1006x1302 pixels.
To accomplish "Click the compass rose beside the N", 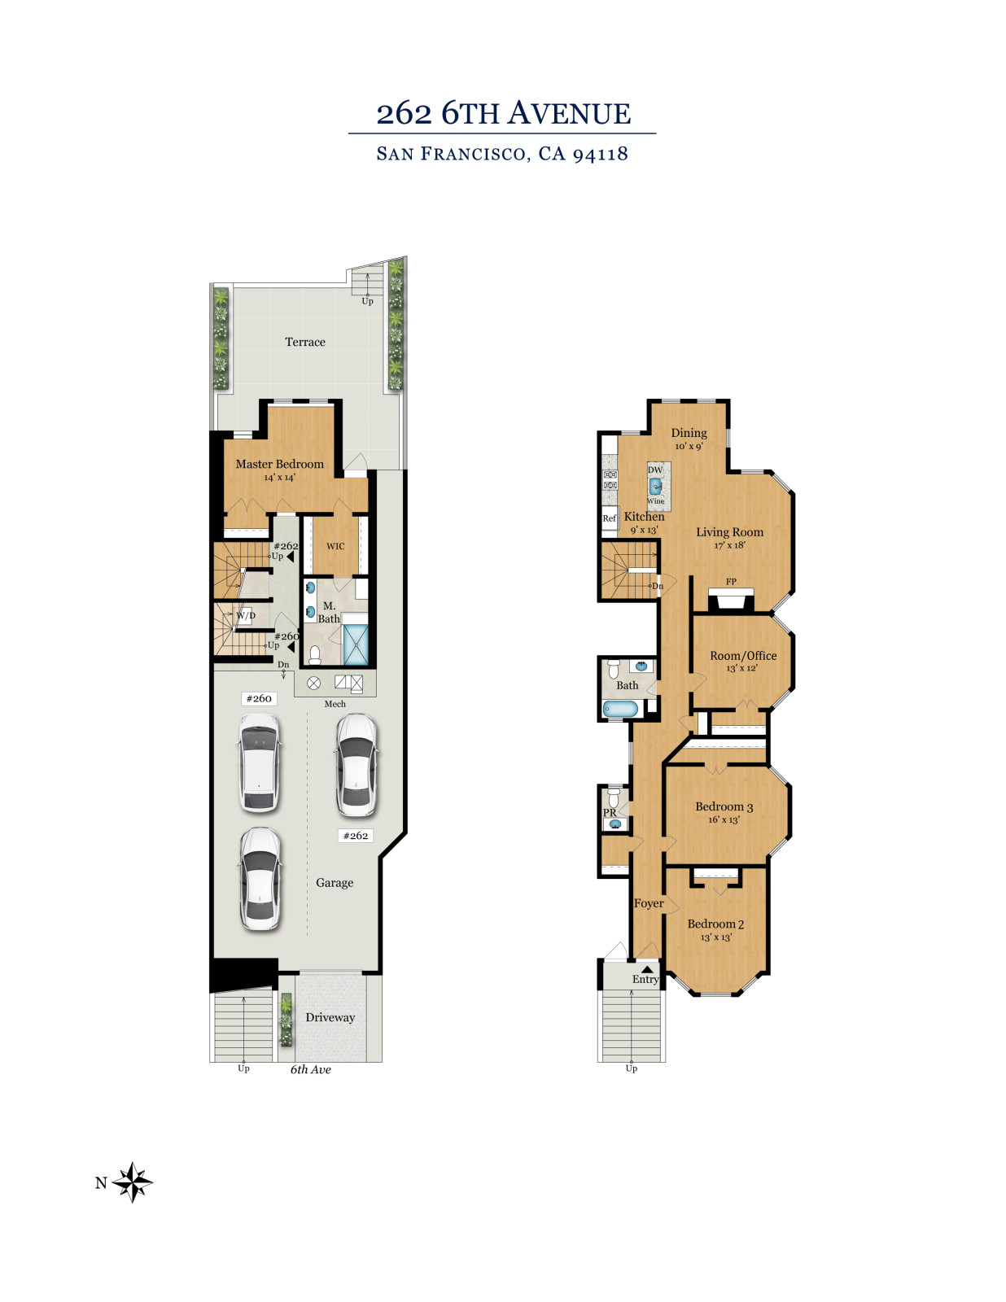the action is pos(133,1182).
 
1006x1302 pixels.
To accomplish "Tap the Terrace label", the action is pos(305,342).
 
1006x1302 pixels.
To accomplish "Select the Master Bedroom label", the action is pos(280,464).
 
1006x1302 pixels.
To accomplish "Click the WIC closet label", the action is pos(335,546).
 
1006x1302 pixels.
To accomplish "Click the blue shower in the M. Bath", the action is pos(356,644).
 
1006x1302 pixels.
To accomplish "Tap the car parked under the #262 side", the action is pos(356,765).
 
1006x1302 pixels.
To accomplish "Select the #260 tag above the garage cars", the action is pos(259,698).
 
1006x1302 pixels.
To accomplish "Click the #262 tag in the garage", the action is pos(356,835).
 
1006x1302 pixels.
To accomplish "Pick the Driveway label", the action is pos(330,1017).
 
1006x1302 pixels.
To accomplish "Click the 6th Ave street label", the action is pos(310,1069).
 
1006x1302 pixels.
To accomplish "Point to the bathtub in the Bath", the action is pos(620,709).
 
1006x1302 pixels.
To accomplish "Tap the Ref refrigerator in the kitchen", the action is pos(610,518).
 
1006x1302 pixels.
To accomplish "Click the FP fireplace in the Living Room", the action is pos(730,600).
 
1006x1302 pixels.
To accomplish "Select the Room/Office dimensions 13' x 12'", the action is pos(742,668).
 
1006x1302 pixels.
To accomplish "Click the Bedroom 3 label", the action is pos(724,806).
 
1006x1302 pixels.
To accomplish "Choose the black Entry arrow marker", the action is pos(648,969).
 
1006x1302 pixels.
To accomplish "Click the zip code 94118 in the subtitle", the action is pos(601,154).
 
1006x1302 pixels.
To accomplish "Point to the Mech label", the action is pos(335,704).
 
